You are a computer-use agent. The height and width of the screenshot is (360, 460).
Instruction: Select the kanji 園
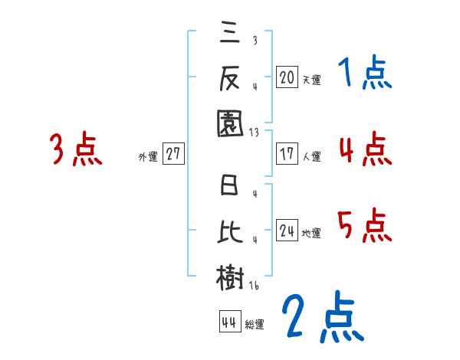pyautogui.click(x=231, y=123)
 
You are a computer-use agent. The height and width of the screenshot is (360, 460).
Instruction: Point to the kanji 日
pyautogui.click(x=231, y=187)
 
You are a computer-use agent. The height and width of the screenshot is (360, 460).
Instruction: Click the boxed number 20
pyautogui.click(x=287, y=77)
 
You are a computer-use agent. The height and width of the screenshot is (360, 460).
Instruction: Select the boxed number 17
pyautogui.click(x=287, y=153)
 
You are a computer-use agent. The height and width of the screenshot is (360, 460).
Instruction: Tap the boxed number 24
pyautogui.click(x=287, y=231)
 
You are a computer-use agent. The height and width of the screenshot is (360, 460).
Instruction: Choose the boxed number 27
pyautogui.click(x=173, y=154)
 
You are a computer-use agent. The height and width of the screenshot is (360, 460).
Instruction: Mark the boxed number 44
pyautogui.click(x=228, y=322)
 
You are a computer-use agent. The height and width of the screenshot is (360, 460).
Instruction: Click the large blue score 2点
pyautogui.click(x=321, y=319)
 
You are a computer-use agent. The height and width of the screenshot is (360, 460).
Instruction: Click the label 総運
pyautogui.click(x=254, y=325)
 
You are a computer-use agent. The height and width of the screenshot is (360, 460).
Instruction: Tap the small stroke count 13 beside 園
pyautogui.click(x=254, y=132)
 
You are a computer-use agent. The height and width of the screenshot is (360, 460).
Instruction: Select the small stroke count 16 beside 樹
pyautogui.click(x=254, y=286)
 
